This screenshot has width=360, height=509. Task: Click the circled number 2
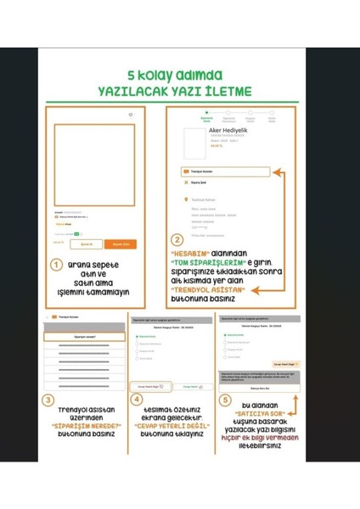(177, 241)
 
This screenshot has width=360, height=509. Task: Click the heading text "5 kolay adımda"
(180, 75)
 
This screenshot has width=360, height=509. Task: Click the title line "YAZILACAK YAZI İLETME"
(180, 91)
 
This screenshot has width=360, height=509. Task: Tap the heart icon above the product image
(130, 115)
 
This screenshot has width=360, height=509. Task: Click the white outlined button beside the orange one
(86, 244)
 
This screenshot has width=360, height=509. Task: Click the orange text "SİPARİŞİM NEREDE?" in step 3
(84, 425)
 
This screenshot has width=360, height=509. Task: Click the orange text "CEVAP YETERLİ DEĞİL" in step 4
(176, 424)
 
